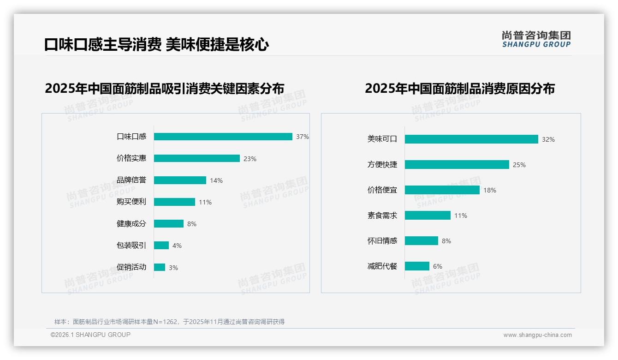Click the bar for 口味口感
point(223,137)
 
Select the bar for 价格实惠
point(197,158)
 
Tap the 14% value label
point(216,180)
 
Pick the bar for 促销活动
point(160,267)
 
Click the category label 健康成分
point(131,224)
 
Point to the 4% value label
point(177,246)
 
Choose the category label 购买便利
point(131,202)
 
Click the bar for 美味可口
point(471,139)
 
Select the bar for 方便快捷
point(457,165)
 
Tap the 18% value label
point(490,190)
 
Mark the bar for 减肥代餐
point(417,266)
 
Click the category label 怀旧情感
point(382,241)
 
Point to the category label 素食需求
point(382,216)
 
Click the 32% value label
point(548,139)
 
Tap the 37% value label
point(303,137)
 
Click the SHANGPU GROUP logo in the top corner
point(536,39)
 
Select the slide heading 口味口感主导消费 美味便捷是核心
point(157,45)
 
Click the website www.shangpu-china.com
point(537,335)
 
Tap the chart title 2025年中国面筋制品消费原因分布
point(460,89)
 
